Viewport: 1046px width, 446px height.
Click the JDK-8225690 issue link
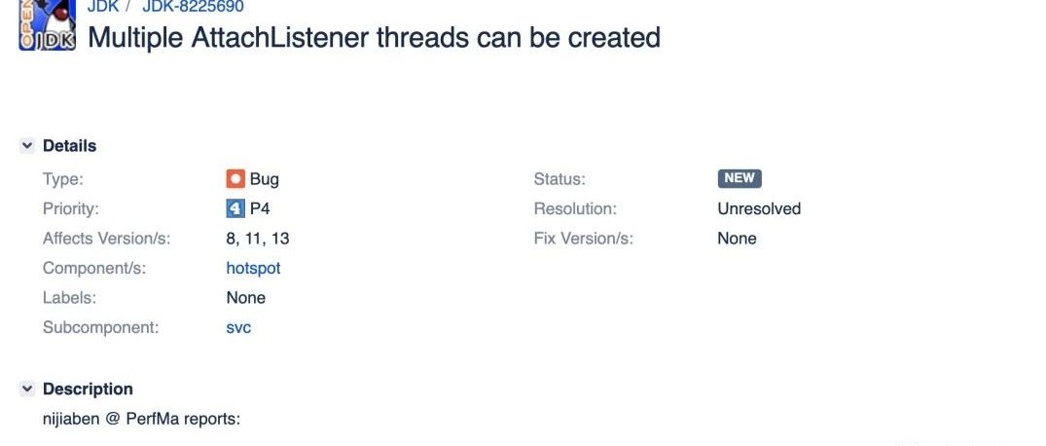pyautogui.click(x=193, y=7)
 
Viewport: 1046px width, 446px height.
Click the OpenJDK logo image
pyautogui.click(x=47, y=24)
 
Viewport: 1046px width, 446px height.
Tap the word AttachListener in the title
pyautogui.click(x=279, y=37)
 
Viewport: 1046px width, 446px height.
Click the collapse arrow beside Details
pyautogui.click(x=27, y=145)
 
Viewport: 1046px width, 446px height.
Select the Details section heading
pyautogui.click(x=69, y=145)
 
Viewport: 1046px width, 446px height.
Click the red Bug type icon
pyautogui.click(x=235, y=179)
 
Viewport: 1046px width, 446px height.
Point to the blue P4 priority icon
pyautogui.click(x=235, y=209)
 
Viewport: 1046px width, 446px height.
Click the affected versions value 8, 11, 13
pyautogui.click(x=258, y=239)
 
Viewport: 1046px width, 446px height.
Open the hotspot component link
pyautogui.click(x=254, y=269)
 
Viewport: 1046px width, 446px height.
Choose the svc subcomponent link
pyautogui.click(x=238, y=327)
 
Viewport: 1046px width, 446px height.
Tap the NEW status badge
pyautogui.click(x=739, y=178)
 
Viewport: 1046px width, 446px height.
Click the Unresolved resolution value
pyautogui.click(x=759, y=209)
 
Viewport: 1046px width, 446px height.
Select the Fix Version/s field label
pyautogui.click(x=584, y=239)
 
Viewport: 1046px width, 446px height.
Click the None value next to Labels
pyautogui.click(x=246, y=298)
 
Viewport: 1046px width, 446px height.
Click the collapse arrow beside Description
pyautogui.click(x=27, y=389)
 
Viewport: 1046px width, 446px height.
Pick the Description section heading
pyautogui.click(x=88, y=389)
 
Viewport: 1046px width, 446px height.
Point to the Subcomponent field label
pyautogui.click(x=101, y=327)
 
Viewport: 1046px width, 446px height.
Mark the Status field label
pyautogui.click(x=559, y=179)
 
